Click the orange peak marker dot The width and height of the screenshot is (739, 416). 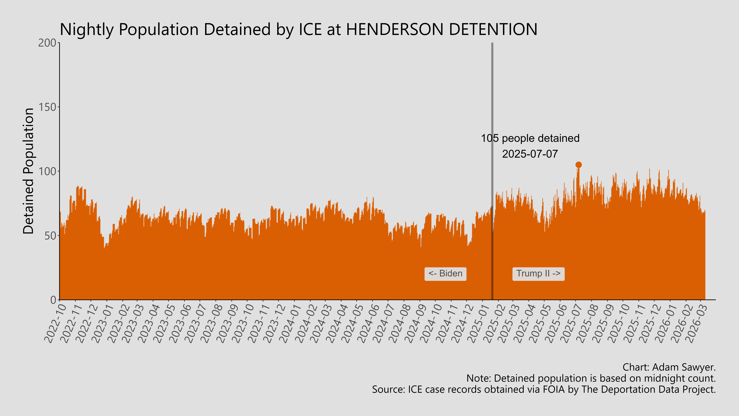[578, 164]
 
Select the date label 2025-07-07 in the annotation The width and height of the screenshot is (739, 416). [530, 154]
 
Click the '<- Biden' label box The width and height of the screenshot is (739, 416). [445, 274]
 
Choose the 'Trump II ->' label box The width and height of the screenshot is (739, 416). [538, 274]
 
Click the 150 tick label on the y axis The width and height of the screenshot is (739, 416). [47, 107]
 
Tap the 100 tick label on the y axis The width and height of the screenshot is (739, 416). [47, 171]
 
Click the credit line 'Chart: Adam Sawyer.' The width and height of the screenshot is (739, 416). [669, 367]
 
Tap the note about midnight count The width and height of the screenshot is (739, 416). [591, 378]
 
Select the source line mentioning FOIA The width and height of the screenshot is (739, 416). [544, 390]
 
